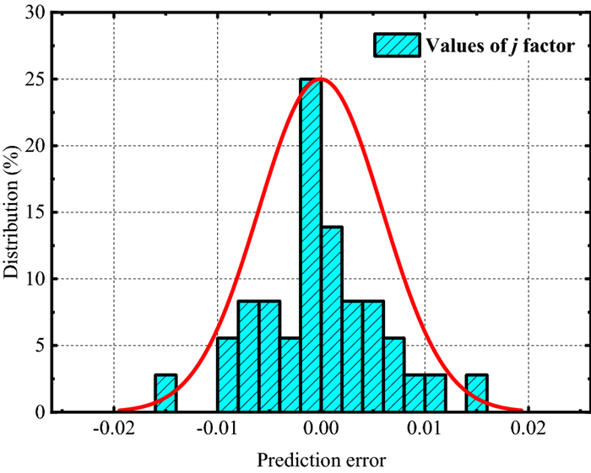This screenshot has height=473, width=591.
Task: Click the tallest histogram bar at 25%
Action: coord(311,245)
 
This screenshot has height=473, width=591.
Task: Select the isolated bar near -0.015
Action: coord(165,393)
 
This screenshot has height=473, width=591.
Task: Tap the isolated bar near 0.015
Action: coord(476,393)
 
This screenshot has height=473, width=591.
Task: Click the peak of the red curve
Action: coord(321,79)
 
